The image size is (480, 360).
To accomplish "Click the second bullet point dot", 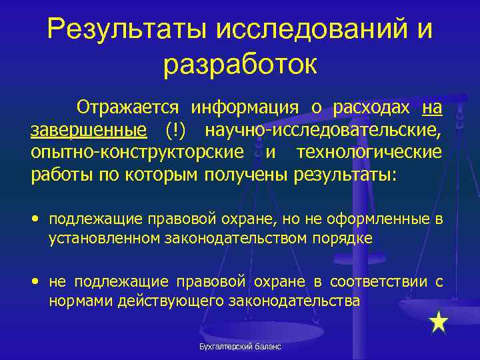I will [x=35, y=281].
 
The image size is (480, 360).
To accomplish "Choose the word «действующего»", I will [x=171, y=301].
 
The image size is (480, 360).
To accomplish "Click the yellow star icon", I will [x=439, y=323].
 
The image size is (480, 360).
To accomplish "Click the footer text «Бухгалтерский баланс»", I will [x=241, y=347].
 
